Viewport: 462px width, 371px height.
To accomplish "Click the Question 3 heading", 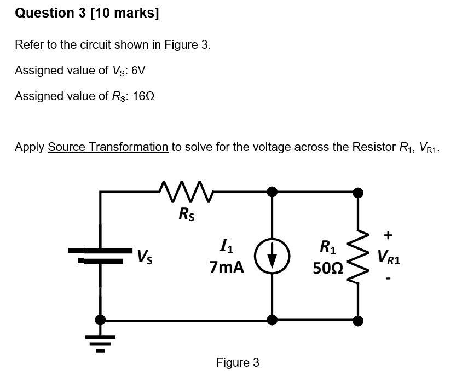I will [x=87, y=14].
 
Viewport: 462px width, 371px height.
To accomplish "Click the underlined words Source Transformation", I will [x=108, y=147].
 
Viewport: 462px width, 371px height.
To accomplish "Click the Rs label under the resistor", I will [x=187, y=215].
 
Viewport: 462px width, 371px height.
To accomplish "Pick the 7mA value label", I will [x=227, y=268].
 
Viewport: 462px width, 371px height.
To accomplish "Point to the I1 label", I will [x=226, y=248].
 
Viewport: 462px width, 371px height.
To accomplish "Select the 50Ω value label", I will [x=328, y=268].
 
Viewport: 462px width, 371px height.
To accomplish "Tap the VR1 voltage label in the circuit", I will [x=388, y=257].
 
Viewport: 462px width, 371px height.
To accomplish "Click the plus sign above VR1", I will [x=388, y=236].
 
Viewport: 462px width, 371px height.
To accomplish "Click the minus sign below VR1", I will [x=388, y=279].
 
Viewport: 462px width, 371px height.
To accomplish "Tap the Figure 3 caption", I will [x=238, y=362].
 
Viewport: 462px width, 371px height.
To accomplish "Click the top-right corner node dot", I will [x=358, y=192].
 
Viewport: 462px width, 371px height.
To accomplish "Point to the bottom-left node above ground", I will [x=100, y=320].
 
